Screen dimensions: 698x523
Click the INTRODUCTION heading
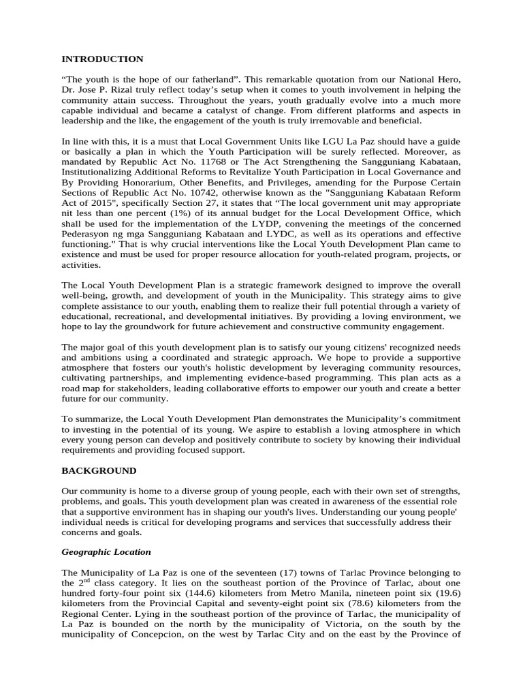coord(102,59)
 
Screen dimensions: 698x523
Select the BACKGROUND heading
coord(99,470)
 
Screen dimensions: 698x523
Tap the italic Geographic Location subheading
coord(106,551)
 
